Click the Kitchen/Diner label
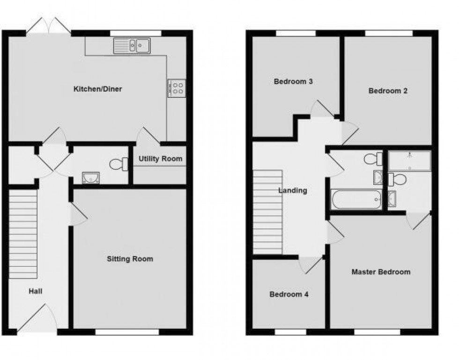click(x=98, y=89)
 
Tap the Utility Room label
click(x=160, y=159)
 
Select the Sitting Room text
click(x=130, y=259)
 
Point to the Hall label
click(x=36, y=291)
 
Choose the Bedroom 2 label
click(x=388, y=91)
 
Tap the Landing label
click(x=293, y=191)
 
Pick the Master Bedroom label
click(x=381, y=272)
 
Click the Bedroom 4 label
click(x=289, y=294)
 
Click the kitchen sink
click(x=132, y=46)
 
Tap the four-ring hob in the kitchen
click(x=177, y=88)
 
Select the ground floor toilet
click(x=119, y=164)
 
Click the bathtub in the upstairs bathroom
click(x=356, y=200)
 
